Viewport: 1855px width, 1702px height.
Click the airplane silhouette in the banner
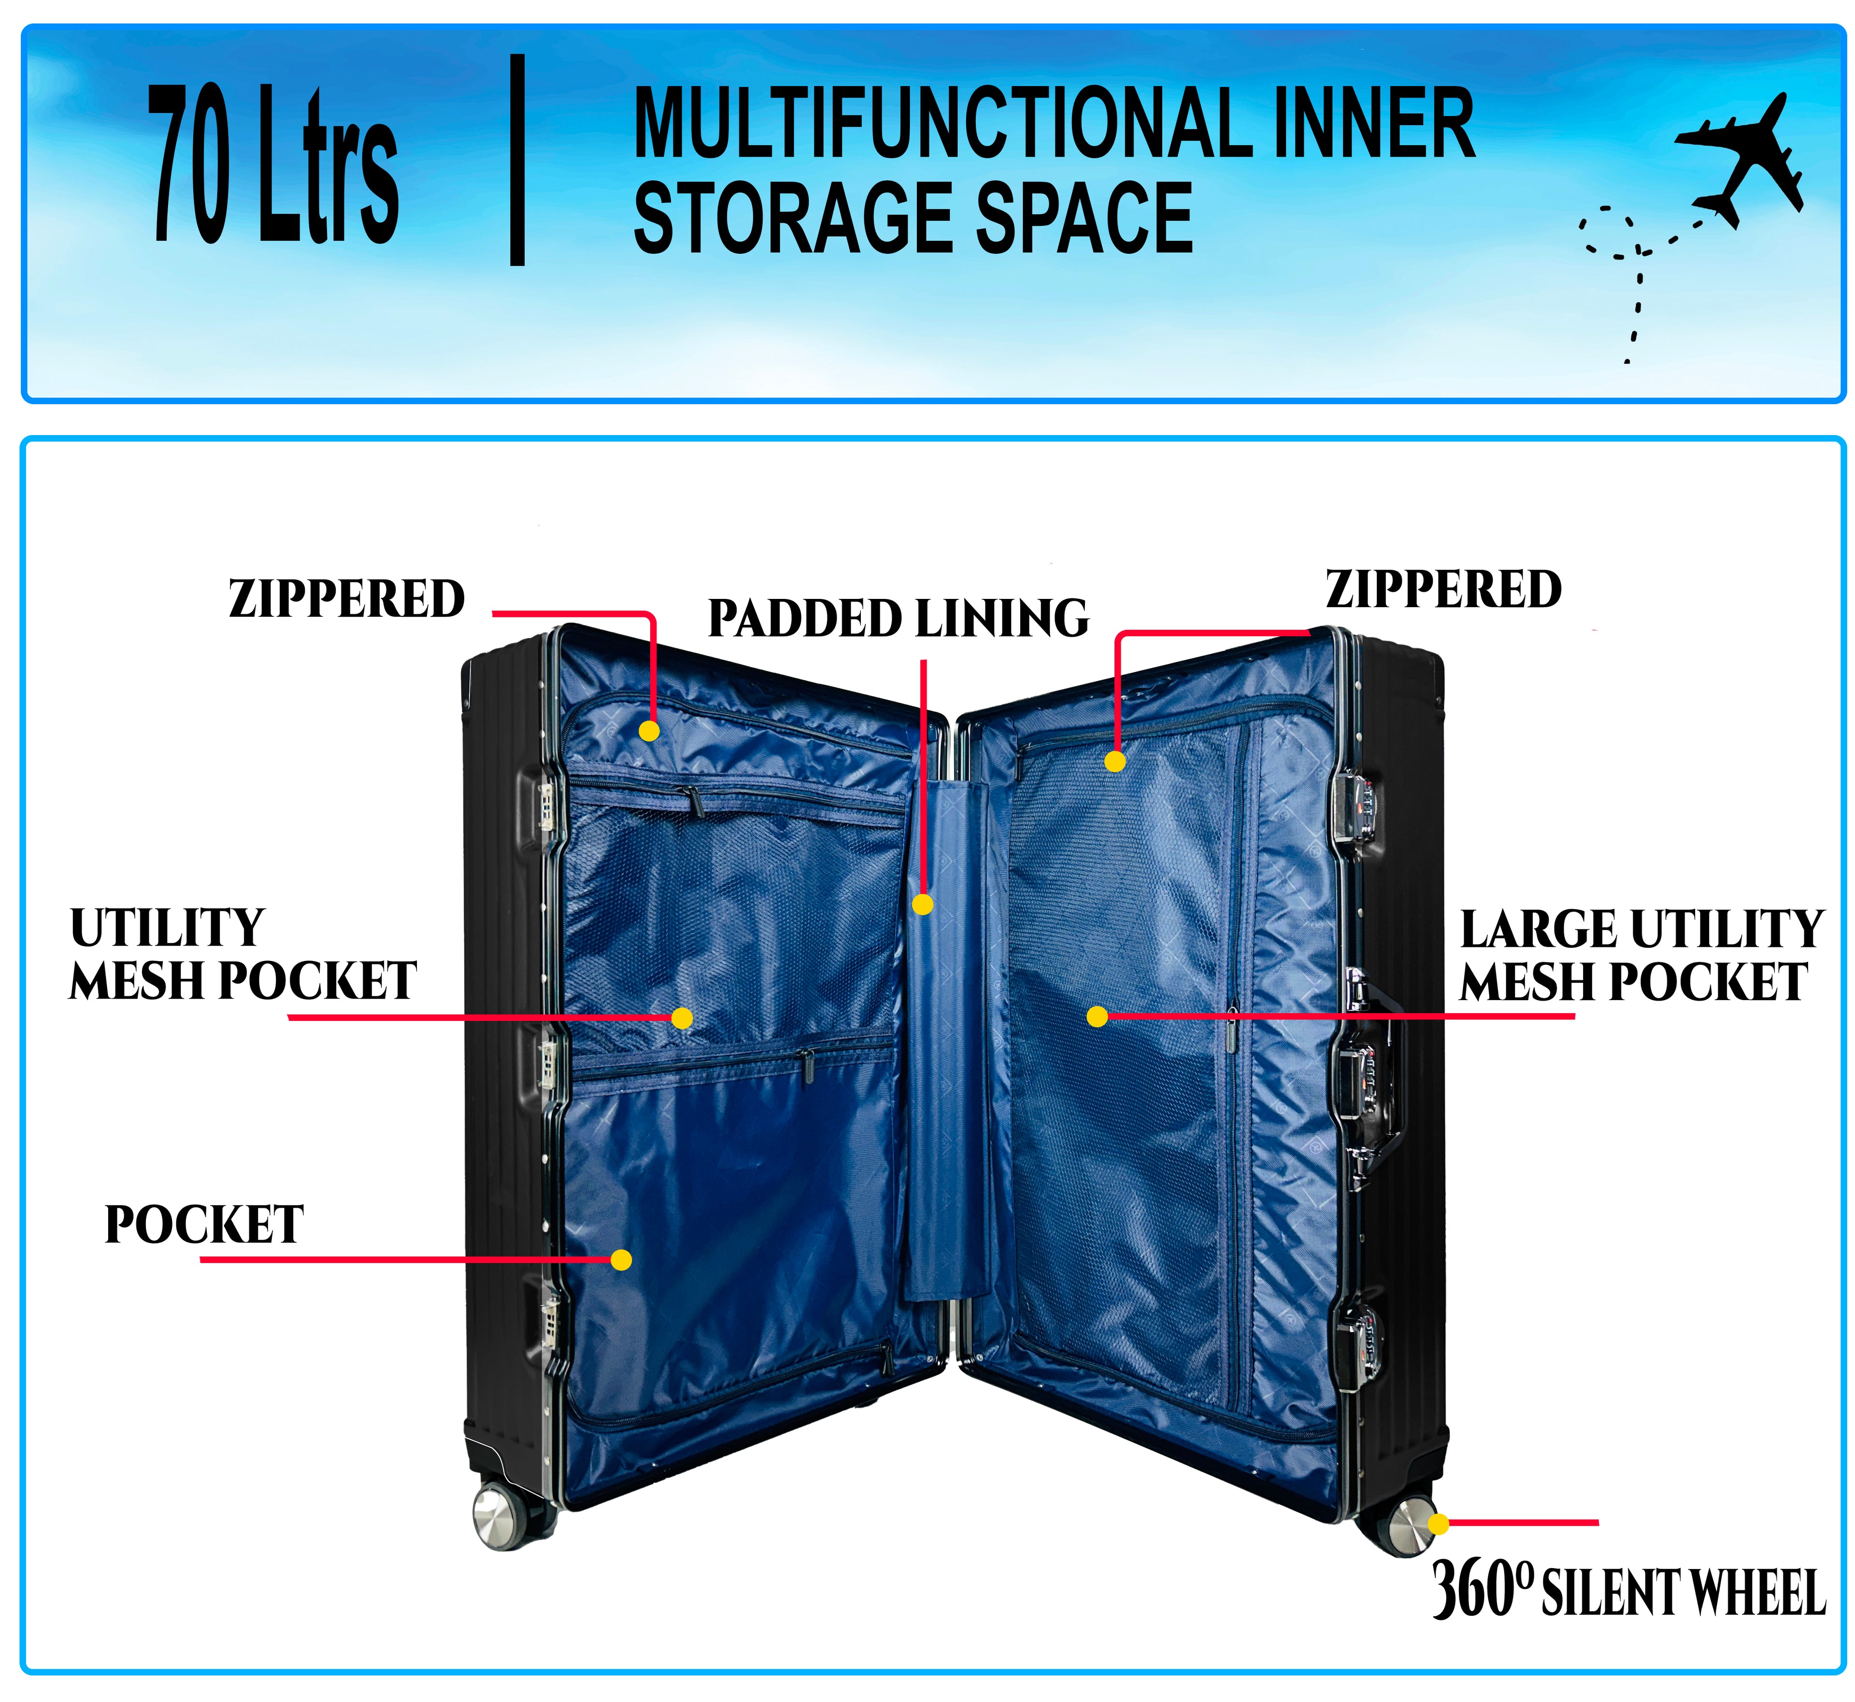coord(1735,157)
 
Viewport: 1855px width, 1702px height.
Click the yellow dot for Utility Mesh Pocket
coord(681,1018)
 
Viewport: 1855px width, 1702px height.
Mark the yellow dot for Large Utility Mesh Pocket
coord(1097,1017)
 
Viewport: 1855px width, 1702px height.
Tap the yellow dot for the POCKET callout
coord(621,1260)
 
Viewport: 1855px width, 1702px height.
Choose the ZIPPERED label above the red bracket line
coord(1443,589)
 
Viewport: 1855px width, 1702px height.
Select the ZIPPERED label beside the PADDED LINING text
coord(347,598)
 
